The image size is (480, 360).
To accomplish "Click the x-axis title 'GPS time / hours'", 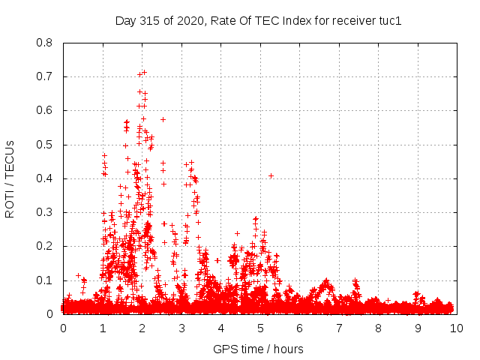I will (259, 349).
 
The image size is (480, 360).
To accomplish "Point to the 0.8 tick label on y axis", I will (44, 43).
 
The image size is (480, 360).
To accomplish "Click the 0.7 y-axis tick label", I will (44, 76).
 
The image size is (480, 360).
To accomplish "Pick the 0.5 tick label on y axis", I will (44, 145).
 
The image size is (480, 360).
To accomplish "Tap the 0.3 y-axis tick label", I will (44, 212).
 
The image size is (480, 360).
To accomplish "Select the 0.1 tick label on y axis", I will (44, 280).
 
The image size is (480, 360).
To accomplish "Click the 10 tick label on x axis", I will (456, 328).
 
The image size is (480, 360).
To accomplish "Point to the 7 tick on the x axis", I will (339, 328).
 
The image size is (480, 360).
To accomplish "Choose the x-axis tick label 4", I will (221, 328).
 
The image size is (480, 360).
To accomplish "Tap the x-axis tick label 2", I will (142, 328).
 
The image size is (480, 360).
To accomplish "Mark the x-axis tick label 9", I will (418, 328).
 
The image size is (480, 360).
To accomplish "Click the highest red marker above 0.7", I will (144, 72).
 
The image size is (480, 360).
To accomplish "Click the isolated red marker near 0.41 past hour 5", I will (271, 175).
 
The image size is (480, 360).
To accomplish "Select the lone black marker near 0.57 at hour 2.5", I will (163, 119).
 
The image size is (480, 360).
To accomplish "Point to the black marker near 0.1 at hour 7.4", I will (355, 280).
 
